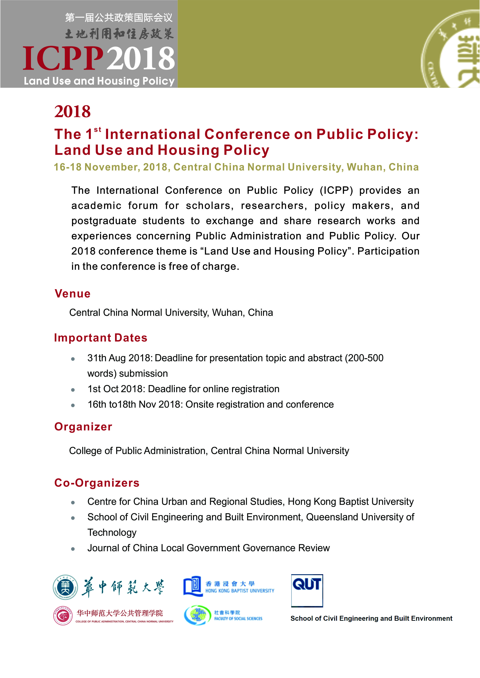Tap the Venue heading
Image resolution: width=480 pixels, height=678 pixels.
pyautogui.click(x=72, y=294)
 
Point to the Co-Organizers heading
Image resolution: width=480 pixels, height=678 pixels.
pyautogui.click(x=97, y=483)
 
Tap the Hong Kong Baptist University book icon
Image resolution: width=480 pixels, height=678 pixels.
pyautogui.click(x=192, y=586)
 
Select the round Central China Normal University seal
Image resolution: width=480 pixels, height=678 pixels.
pyautogui.click(x=65, y=587)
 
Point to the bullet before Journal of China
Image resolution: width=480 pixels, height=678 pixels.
pyautogui.click(x=73, y=549)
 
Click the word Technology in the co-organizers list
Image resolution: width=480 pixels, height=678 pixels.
pyautogui.click(x=112, y=532)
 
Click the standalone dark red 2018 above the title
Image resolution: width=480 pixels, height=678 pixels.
pyautogui.click(x=72, y=112)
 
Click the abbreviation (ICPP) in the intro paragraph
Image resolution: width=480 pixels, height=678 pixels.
pyautogui.click(x=336, y=190)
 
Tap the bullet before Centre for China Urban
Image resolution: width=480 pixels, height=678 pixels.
pyautogui.click(x=73, y=503)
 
